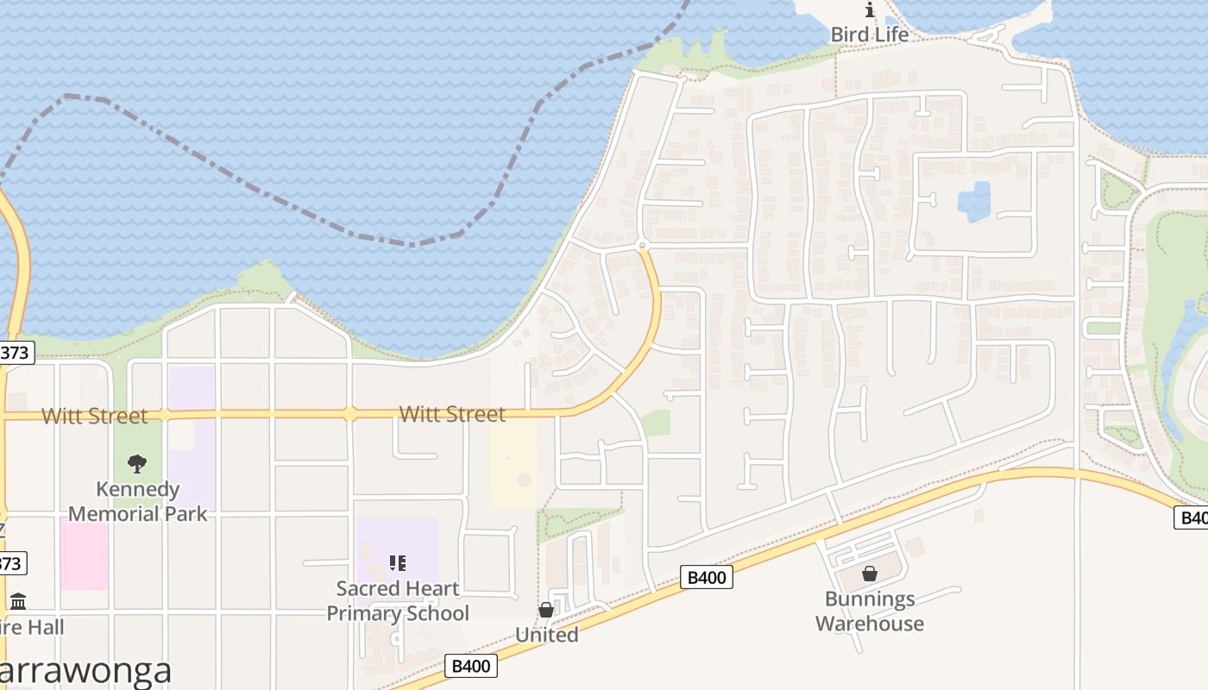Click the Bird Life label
(869, 34)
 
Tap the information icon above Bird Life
(870, 11)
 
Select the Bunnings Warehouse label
(870, 611)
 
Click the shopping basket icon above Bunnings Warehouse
(870, 574)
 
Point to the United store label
(546, 635)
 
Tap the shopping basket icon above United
(546, 611)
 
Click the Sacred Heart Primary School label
(398, 600)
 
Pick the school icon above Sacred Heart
(398, 564)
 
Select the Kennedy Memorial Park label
(138, 501)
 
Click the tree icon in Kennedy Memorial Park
(137, 465)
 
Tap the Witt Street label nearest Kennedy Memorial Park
(95, 416)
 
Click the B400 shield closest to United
(471, 666)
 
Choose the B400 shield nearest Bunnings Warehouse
(707, 577)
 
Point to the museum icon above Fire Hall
(18, 601)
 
